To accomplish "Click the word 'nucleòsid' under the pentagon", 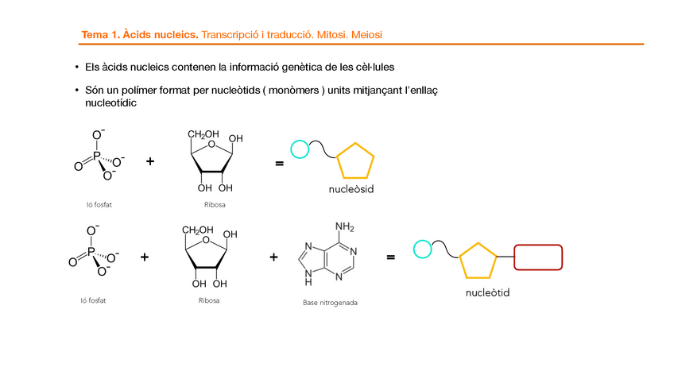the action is point(351,190).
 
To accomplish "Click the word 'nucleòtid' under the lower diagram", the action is point(487,293).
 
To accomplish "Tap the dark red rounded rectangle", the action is point(538,257).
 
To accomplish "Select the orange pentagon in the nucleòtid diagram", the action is point(478,259).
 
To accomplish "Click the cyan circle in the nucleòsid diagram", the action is point(300,149).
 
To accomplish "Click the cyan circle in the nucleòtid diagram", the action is point(423,250).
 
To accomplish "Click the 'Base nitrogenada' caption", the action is point(330,303).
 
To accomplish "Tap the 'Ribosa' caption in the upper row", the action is point(214,205).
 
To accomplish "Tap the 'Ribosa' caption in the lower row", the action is point(209,300).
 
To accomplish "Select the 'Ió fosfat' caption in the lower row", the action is point(93,300).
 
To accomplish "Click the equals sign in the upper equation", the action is point(279,164).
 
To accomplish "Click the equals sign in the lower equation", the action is point(390,257).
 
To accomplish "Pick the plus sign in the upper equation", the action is point(150,161).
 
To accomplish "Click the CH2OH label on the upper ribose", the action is point(203,133).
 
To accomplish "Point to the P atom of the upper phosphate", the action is point(96,157).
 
